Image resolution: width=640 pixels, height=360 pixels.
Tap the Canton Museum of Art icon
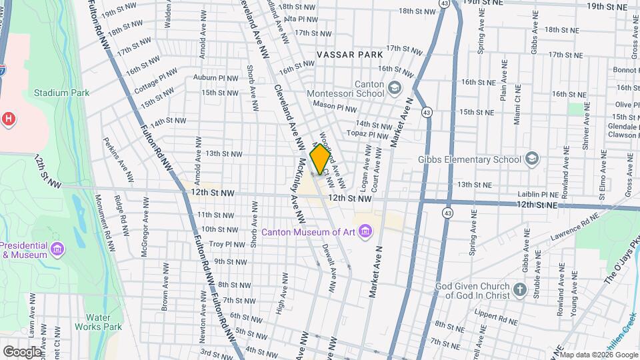tap(365, 231)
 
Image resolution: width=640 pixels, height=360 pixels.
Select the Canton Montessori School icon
tap(395, 87)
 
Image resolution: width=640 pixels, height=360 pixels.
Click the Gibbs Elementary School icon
tap(531, 159)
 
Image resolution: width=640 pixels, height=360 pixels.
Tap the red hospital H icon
tap(9, 118)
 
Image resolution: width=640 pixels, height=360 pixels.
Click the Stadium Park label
tap(61, 93)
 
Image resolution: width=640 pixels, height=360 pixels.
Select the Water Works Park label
tap(104, 322)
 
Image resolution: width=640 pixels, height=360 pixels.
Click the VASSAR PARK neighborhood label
tap(350, 54)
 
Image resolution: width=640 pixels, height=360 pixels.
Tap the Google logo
tap(22, 351)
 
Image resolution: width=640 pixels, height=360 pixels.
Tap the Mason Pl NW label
tap(336, 107)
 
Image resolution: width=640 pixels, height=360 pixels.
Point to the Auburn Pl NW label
tap(215, 78)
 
